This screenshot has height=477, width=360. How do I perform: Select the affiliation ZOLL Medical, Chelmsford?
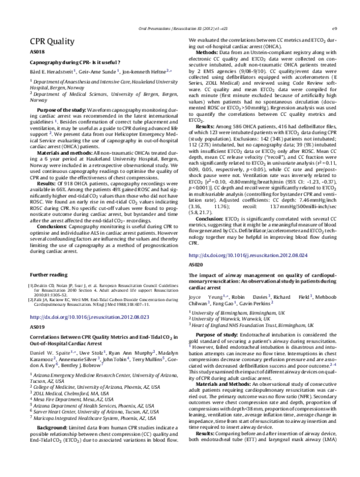click(x=66, y=408)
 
